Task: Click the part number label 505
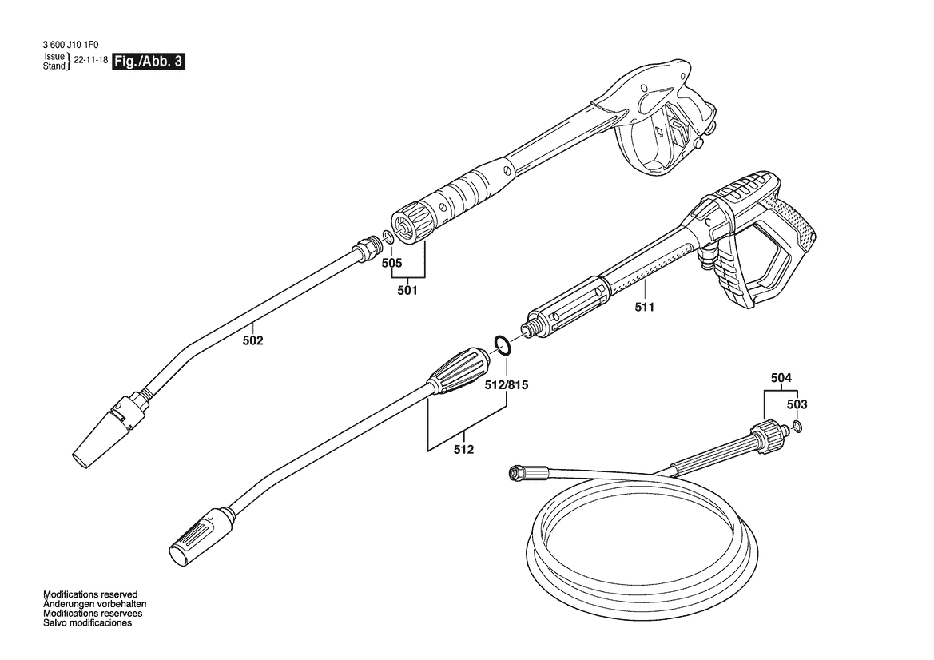(391, 262)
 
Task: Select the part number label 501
(407, 291)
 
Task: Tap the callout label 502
(252, 340)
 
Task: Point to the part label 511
(645, 306)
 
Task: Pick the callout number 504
(781, 377)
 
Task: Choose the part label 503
(797, 404)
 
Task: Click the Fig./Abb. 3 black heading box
(149, 62)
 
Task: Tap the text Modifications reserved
(90, 594)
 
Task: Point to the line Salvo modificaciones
(87, 622)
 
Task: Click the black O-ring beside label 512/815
(503, 345)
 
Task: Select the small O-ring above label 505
(387, 237)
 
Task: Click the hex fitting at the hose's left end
(512, 473)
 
